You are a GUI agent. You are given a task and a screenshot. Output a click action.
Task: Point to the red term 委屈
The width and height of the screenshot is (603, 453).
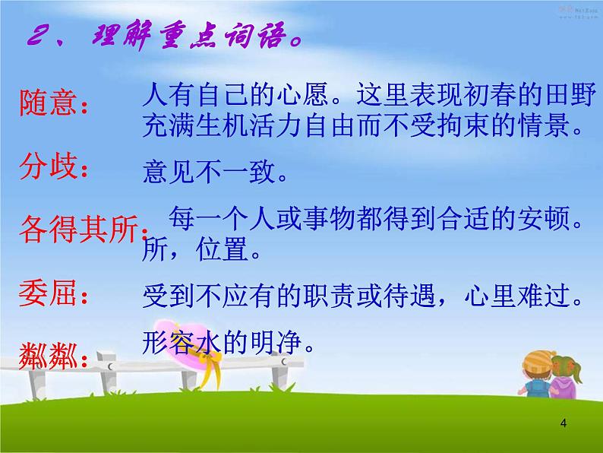point(51,293)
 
